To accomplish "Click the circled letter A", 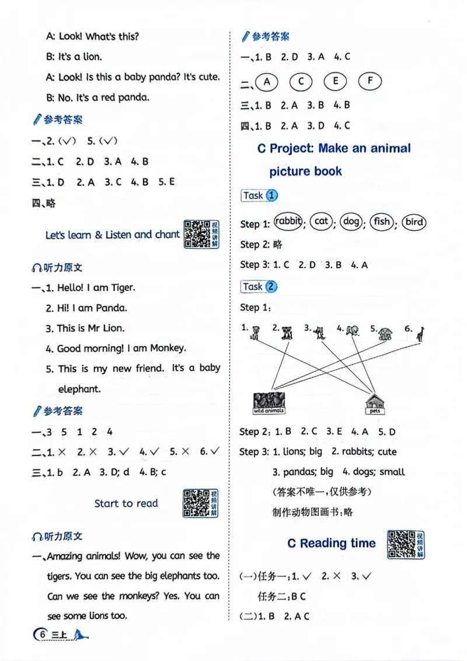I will click(x=267, y=82).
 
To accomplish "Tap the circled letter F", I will click(x=370, y=82).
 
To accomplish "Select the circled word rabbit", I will click(x=288, y=222).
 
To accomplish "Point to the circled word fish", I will click(x=382, y=222).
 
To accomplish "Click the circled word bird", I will click(x=414, y=222).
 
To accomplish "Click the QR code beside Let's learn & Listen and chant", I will click(x=197, y=234).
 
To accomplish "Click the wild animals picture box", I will click(x=269, y=402).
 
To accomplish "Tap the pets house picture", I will click(x=375, y=403).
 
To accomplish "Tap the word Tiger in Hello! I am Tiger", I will click(x=121, y=287).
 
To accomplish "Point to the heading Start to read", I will click(x=126, y=503).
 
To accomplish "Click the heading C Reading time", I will click(x=331, y=543).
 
